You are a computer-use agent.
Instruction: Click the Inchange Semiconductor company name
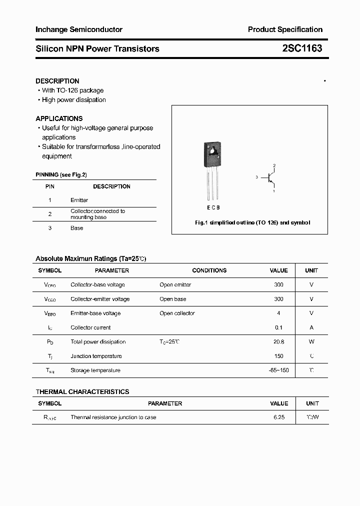point(79,29)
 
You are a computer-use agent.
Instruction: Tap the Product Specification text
point(285,29)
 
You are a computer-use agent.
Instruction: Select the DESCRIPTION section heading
point(57,81)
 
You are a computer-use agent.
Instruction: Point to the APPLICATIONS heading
point(59,118)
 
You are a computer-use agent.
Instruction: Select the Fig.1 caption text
point(252,222)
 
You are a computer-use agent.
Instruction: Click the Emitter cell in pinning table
point(79,200)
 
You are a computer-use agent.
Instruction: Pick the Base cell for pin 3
point(76,228)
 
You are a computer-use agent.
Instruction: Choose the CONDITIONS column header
point(209,270)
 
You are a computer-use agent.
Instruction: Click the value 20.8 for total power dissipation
point(278,342)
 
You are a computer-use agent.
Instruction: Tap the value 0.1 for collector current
point(278,327)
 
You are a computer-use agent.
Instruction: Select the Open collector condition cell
point(177,313)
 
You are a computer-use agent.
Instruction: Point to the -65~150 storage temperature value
point(278,370)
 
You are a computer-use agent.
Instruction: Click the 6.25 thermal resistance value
point(278,417)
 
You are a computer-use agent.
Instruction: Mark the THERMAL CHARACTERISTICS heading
point(82,391)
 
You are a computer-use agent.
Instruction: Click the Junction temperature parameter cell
point(96,356)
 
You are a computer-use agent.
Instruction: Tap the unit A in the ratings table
point(311,327)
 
